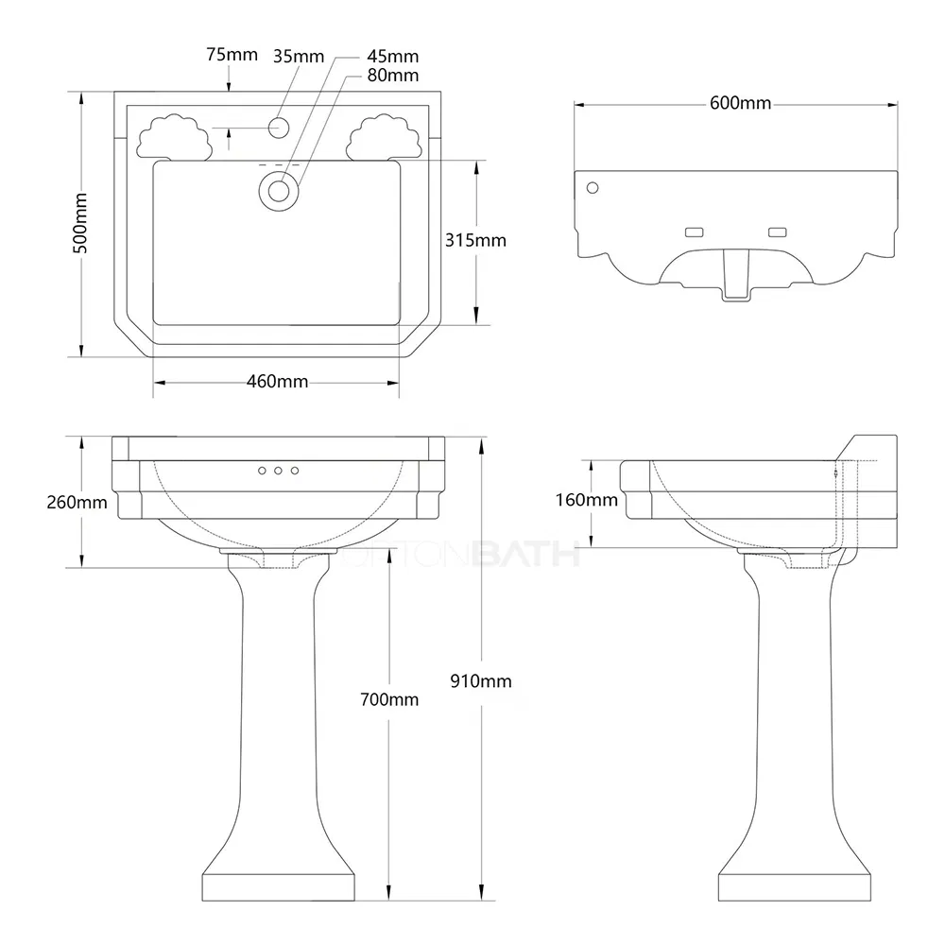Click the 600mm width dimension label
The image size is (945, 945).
[x=740, y=103]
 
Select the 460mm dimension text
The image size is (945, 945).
[x=277, y=382]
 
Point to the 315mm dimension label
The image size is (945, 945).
[x=475, y=240]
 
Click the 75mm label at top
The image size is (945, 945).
[x=232, y=55]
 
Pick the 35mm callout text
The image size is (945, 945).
[x=298, y=55]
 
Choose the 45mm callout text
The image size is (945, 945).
[x=393, y=58]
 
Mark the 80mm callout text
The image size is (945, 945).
[x=393, y=75]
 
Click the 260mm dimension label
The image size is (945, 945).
[x=77, y=502]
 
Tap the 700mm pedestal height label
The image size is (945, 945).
[x=389, y=699]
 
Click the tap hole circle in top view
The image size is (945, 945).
[x=279, y=127]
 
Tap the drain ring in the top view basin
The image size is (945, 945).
[x=279, y=190]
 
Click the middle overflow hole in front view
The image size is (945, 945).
[x=278, y=470]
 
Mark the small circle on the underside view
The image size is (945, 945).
[x=593, y=187]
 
